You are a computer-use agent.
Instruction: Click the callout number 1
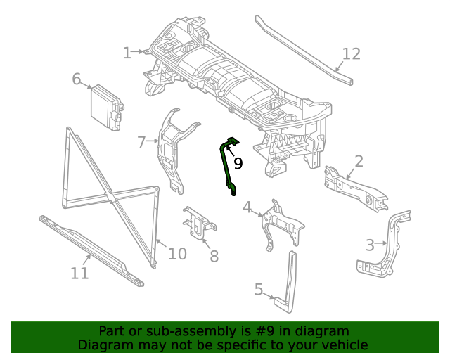tap(127, 53)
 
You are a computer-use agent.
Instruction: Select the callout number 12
tap(351, 53)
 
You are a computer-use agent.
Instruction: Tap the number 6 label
tap(77, 79)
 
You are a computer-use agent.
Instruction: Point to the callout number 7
tap(142, 142)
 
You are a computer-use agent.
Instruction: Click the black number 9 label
tap(238, 164)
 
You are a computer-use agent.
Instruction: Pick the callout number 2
tap(359, 162)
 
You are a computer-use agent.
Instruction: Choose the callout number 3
tap(370, 245)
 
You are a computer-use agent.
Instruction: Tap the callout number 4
tap(247, 207)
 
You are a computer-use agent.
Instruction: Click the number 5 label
tap(259, 289)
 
